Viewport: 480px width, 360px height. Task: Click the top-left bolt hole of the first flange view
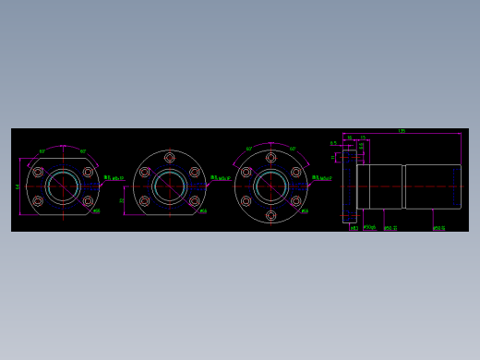click(38, 172)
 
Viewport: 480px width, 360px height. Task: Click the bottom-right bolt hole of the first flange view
click(88, 200)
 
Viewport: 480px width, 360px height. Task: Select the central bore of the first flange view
click(63, 186)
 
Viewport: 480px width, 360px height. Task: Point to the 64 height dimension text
click(18, 186)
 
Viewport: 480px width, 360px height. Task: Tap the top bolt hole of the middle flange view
click(169, 158)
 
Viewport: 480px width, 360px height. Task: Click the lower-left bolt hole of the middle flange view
click(144, 200)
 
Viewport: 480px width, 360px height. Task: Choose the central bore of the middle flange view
click(169, 186)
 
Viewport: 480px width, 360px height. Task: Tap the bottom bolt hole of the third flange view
click(270, 215)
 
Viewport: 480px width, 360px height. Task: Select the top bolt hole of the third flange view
click(270, 158)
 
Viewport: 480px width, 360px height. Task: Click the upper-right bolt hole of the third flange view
click(295, 172)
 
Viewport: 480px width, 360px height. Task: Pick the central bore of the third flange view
click(270, 186)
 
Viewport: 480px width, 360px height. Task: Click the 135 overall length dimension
click(402, 131)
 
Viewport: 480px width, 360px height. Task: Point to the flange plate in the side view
click(349, 186)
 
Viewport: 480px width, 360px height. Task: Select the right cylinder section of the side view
click(432, 186)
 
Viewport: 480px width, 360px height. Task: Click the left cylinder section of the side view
click(379, 186)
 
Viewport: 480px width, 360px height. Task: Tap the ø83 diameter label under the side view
click(354, 228)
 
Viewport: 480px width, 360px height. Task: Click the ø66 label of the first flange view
click(97, 211)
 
